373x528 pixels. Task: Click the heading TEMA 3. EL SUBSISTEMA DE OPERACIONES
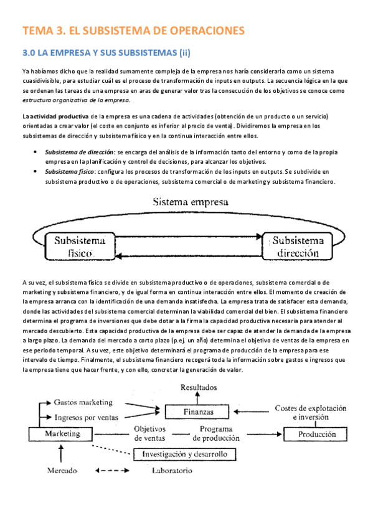coord(133,30)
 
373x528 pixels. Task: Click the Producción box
coord(320,434)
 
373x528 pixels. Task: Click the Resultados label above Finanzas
coord(199,387)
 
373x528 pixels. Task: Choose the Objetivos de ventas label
coord(150,433)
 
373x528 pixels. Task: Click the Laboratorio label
coord(172,470)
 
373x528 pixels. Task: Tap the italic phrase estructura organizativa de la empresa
coord(76,100)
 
